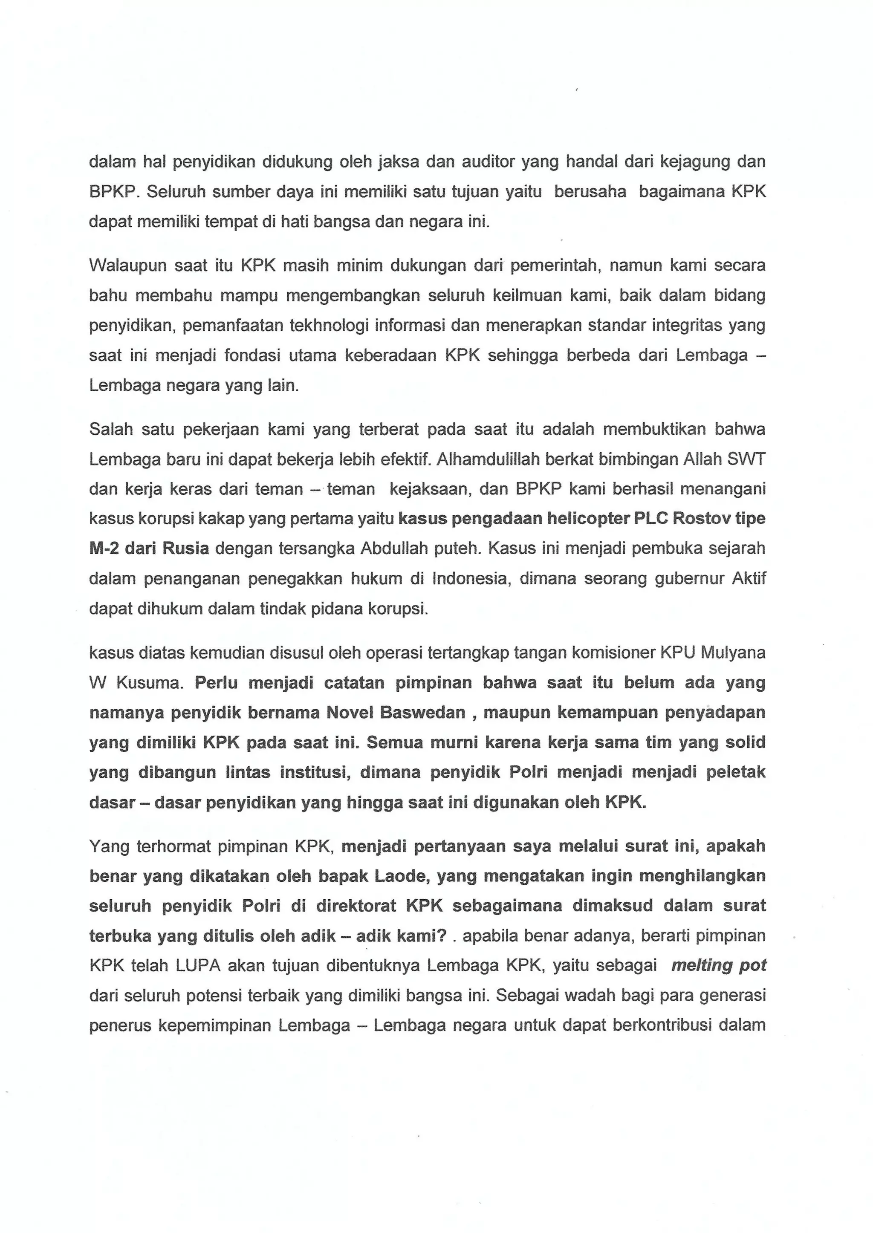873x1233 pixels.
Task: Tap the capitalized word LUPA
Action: pos(198,965)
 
